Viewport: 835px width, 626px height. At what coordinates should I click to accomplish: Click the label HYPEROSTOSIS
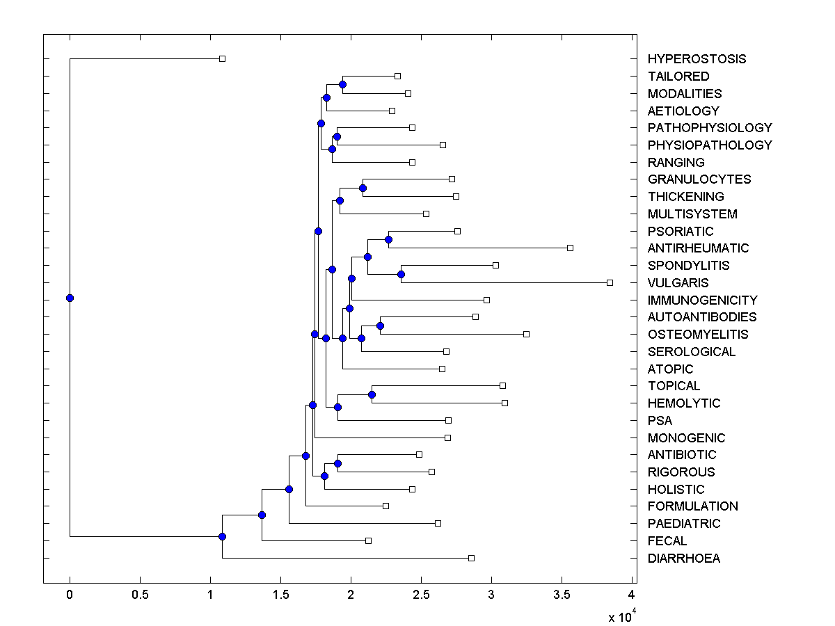pyautogui.click(x=697, y=59)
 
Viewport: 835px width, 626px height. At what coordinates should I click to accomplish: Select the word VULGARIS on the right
pyautogui.click(x=678, y=283)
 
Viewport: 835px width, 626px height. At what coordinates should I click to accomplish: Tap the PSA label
pyautogui.click(x=660, y=421)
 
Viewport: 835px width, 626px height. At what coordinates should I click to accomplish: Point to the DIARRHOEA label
pyautogui.click(x=683, y=559)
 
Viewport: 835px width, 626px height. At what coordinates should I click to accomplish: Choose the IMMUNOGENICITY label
pyautogui.click(x=702, y=300)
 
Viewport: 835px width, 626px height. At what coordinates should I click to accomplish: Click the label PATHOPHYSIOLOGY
pyautogui.click(x=710, y=128)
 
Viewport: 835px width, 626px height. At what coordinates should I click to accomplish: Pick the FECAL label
pyautogui.click(x=667, y=541)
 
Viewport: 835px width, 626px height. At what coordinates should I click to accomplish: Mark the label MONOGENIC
pyautogui.click(x=686, y=438)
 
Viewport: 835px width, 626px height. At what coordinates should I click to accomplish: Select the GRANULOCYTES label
pyautogui.click(x=699, y=179)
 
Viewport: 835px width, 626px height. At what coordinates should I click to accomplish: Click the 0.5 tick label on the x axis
pyautogui.click(x=140, y=595)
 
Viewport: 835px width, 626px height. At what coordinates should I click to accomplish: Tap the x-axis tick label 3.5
pyautogui.click(x=562, y=595)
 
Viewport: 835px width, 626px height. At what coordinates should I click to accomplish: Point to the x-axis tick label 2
pyautogui.click(x=351, y=595)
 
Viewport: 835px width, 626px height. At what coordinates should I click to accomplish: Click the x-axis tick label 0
pyautogui.click(x=70, y=595)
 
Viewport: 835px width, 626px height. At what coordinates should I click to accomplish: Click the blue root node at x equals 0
pyautogui.click(x=70, y=298)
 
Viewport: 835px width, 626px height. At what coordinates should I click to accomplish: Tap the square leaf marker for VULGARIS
pyautogui.click(x=610, y=282)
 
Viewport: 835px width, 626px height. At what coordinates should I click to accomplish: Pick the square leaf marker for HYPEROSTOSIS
pyautogui.click(x=222, y=58)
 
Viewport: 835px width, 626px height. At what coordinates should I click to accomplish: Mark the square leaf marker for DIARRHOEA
pyautogui.click(x=471, y=558)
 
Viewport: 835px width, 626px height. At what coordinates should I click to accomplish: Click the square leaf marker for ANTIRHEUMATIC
pyautogui.click(x=570, y=248)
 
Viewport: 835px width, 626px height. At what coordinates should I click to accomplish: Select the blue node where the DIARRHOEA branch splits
pyautogui.click(x=222, y=536)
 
